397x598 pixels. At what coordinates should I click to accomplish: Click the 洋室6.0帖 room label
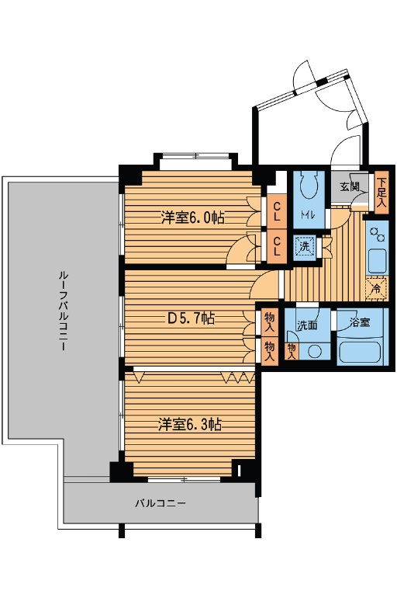click(192, 217)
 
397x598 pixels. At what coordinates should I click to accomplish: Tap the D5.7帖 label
click(192, 318)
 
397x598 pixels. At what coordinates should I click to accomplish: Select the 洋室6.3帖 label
click(190, 424)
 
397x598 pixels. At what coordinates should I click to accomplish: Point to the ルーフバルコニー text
click(63, 311)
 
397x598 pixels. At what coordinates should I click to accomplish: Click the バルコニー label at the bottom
click(161, 503)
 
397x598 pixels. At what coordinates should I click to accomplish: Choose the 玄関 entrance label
click(349, 187)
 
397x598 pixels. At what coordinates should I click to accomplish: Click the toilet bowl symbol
click(309, 186)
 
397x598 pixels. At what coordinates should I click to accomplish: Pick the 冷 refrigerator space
click(376, 288)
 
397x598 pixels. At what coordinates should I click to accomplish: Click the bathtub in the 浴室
click(360, 352)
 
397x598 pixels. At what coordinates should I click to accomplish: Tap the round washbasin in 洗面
click(314, 351)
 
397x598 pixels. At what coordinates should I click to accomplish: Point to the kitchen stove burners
click(378, 235)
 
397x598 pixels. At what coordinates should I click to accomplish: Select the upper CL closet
click(277, 212)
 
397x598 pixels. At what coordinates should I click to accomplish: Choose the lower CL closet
click(277, 246)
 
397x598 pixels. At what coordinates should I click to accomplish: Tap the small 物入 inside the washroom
click(292, 351)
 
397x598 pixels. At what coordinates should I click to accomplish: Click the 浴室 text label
click(360, 322)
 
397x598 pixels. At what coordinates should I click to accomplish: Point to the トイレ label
click(308, 214)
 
